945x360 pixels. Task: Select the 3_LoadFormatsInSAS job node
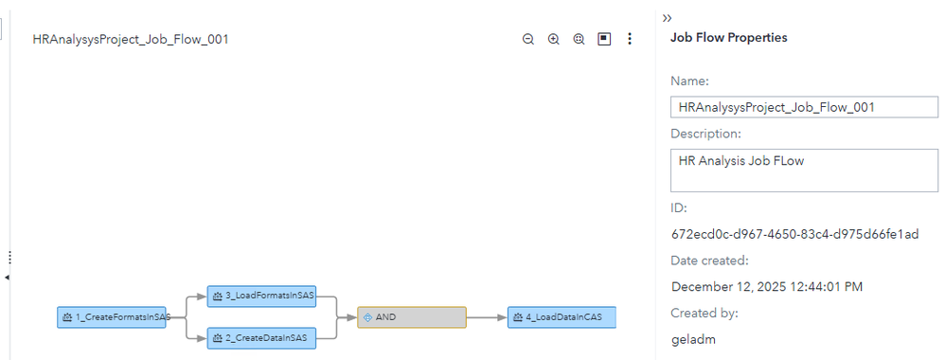click(262, 297)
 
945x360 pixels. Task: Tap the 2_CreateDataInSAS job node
click(262, 338)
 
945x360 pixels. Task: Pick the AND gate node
click(412, 317)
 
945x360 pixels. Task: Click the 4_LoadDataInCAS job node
click(562, 317)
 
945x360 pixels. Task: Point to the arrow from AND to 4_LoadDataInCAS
click(487, 317)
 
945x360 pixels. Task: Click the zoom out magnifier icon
click(528, 40)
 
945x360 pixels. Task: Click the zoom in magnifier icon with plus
click(554, 40)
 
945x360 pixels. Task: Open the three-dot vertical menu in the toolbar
click(630, 40)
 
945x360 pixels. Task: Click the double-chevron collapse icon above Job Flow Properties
click(667, 18)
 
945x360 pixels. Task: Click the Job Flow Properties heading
click(728, 38)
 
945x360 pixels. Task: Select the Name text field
click(803, 107)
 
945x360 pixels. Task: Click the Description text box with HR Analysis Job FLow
click(803, 170)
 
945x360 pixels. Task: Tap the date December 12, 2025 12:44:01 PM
click(767, 286)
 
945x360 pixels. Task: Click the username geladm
click(691, 338)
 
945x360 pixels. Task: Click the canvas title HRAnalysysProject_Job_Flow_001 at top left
click(130, 40)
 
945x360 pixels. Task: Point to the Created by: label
click(704, 313)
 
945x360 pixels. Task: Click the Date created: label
click(709, 261)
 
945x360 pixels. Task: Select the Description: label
click(705, 134)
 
